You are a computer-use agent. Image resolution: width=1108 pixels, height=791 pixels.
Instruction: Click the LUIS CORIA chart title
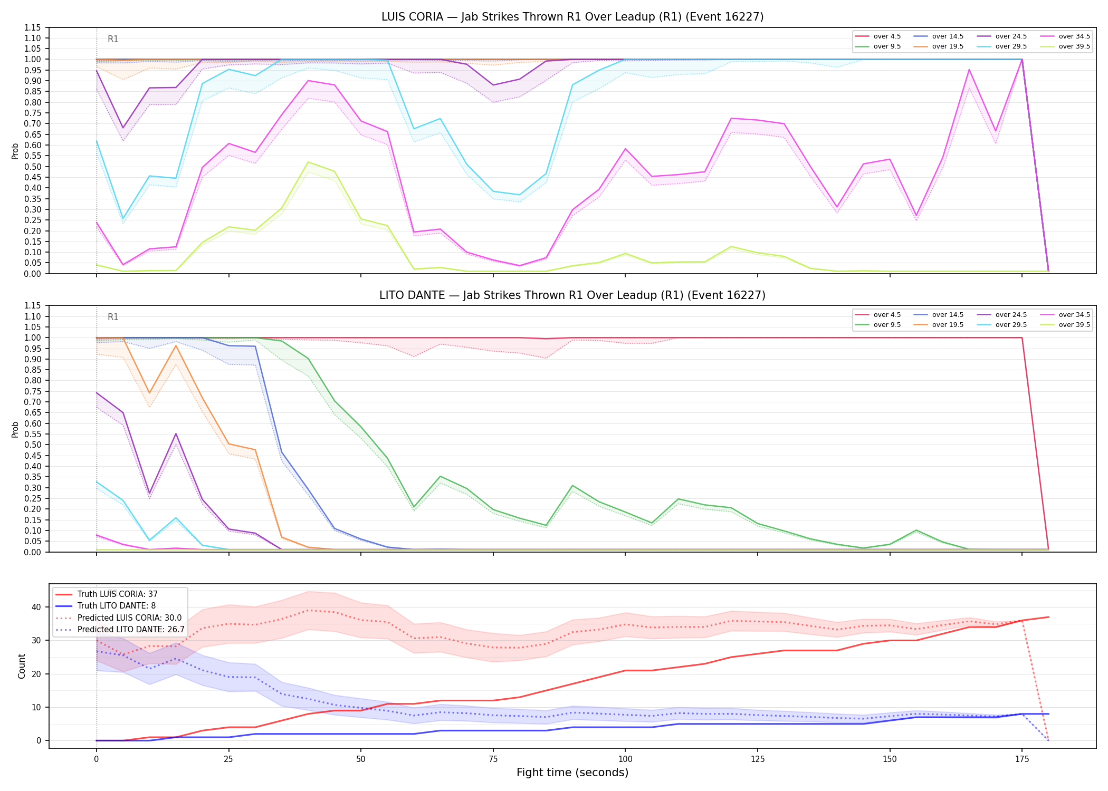(x=572, y=17)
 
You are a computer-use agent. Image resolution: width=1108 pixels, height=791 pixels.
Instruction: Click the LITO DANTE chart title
(x=572, y=295)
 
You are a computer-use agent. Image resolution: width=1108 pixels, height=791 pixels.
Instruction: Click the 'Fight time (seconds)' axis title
(x=572, y=773)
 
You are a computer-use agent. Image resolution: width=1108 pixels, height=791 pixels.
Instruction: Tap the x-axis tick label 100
(x=625, y=759)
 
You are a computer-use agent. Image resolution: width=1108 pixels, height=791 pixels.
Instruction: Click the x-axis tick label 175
(x=1022, y=759)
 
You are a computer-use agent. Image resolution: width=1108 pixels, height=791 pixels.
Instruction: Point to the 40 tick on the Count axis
(x=36, y=607)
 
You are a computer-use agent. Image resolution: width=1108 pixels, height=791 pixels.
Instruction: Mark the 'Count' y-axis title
(x=22, y=666)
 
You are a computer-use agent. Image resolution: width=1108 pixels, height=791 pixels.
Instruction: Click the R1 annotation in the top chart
(x=113, y=39)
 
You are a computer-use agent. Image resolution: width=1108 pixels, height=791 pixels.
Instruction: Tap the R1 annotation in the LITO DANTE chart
(x=113, y=317)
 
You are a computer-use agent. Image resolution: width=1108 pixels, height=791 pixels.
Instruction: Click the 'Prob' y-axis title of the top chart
(x=15, y=151)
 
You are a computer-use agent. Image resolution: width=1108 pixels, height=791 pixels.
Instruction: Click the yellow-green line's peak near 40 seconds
(x=308, y=162)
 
